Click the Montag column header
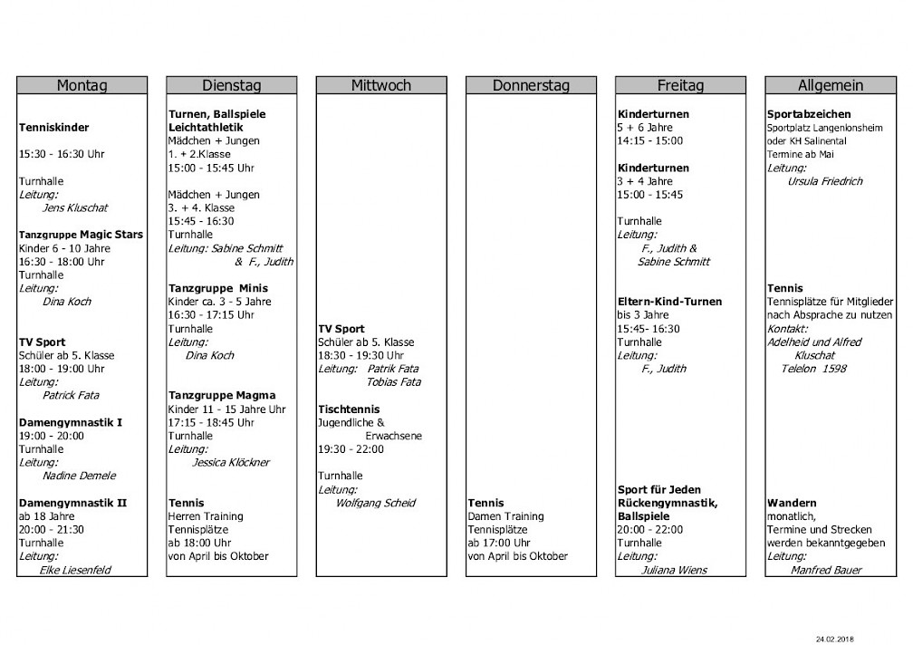(82, 85)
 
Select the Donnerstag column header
(531, 85)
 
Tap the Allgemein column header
(831, 85)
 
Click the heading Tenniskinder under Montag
(54, 128)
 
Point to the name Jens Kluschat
(75, 207)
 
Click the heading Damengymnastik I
(70, 422)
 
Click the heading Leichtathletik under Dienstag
(206, 128)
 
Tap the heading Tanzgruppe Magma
(222, 395)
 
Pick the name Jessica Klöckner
(231, 462)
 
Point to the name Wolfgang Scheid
(375, 503)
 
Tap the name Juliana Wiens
(674, 570)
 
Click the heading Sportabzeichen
(809, 114)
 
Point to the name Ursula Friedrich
(825, 181)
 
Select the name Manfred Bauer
(826, 570)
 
